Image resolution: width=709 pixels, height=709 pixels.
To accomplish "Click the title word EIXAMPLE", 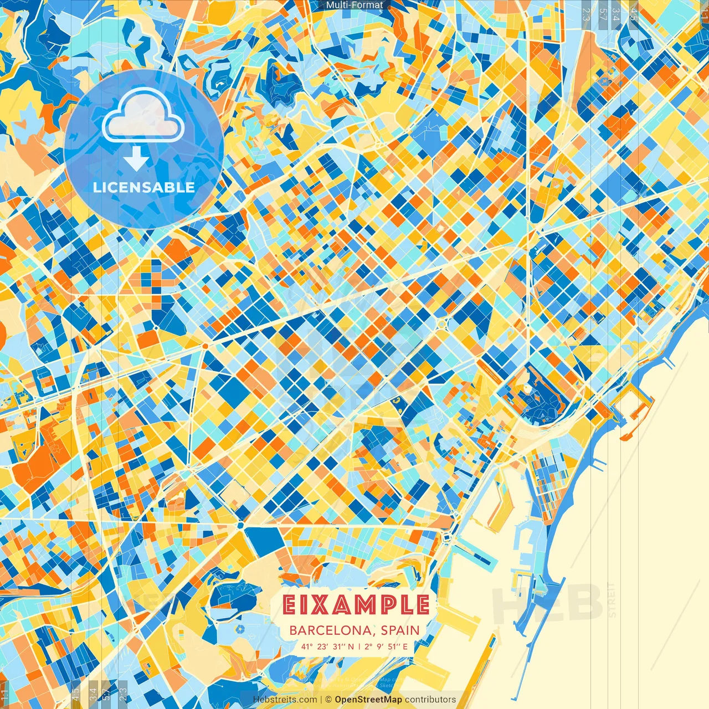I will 356,605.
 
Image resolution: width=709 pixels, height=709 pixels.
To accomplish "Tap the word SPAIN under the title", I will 399,630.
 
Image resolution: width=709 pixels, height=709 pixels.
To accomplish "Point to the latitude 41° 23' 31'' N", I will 327,646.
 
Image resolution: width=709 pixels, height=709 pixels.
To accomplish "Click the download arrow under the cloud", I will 136,161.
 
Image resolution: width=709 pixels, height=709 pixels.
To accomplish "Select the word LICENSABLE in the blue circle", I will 144,187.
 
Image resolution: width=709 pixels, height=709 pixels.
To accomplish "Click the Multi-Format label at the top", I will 354,5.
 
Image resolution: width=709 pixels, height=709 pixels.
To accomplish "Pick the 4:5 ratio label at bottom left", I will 76,695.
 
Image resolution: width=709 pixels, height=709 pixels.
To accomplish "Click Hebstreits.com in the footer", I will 285,700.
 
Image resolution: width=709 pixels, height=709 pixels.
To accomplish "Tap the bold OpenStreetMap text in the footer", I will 368,700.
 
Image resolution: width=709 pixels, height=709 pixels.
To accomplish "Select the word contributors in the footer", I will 430,700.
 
